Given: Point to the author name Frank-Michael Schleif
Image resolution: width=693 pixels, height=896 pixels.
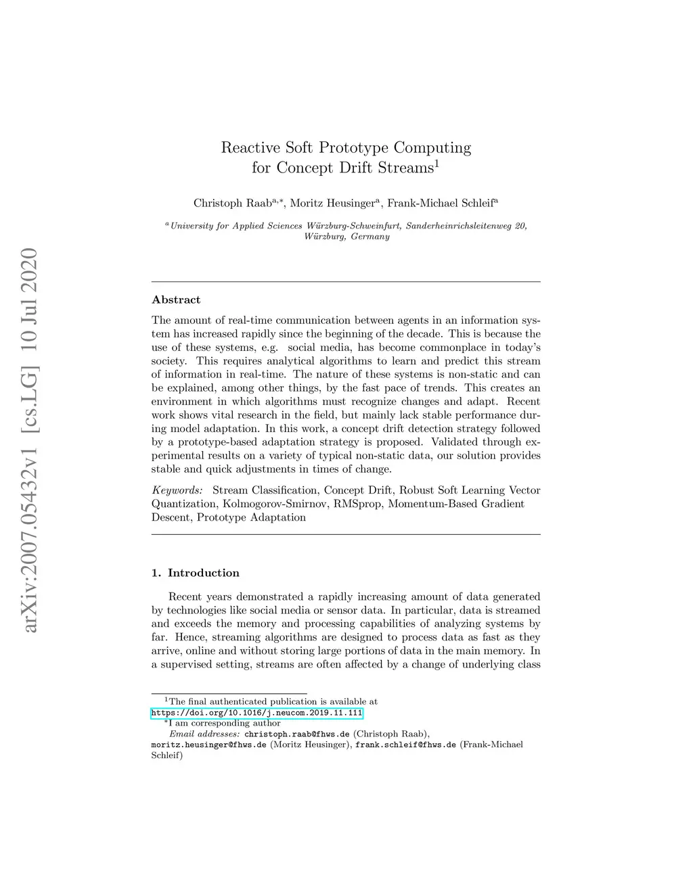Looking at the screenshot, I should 440,204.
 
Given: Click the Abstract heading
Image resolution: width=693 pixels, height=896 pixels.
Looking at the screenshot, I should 176,300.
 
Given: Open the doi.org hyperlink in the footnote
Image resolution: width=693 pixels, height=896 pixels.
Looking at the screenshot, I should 257,713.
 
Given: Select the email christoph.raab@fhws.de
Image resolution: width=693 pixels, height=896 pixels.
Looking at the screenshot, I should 296,734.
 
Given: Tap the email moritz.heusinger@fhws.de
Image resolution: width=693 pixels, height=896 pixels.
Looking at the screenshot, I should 208,745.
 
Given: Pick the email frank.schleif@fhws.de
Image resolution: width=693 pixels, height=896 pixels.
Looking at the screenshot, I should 405,745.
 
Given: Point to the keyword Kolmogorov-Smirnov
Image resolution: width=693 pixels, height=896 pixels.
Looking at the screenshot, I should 275,504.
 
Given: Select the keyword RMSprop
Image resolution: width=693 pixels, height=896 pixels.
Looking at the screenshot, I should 357,504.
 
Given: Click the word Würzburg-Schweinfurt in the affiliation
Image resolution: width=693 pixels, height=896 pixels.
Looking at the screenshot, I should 354,226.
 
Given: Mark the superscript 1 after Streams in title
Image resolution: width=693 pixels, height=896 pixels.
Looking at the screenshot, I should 437,164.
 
